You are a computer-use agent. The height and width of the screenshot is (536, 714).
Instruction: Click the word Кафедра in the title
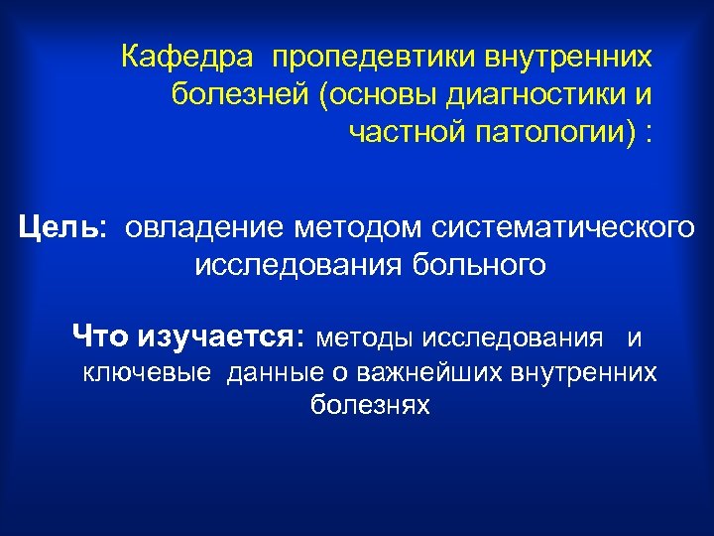point(181,57)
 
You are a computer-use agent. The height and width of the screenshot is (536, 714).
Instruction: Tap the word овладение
point(202,229)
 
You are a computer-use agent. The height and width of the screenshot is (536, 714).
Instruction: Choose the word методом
point(368,229)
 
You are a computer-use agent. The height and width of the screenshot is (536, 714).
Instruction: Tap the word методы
point(364,338)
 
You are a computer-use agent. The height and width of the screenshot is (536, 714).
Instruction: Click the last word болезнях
point(369,405)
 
